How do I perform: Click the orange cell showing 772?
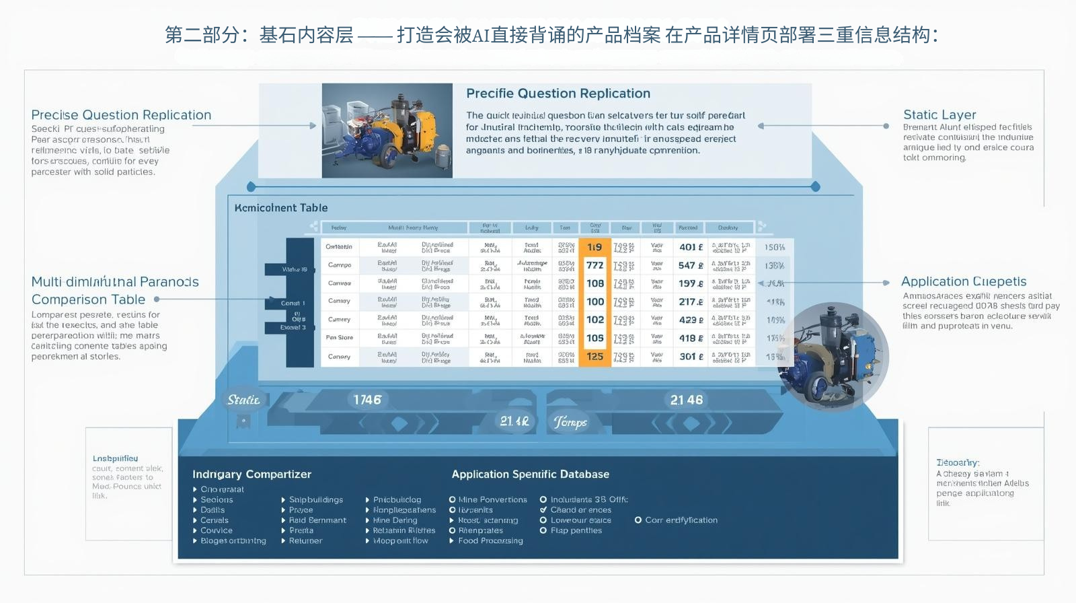pyautogui.click(x=594, y=265)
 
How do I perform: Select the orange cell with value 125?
pyautogui.click(x=594, y=357)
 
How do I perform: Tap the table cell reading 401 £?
pyautogui.click(x=691, y=247)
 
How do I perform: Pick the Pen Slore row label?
pyautogui.click(x=340, y=338)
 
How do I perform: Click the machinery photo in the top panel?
pyautogui.click(x=387, y=131)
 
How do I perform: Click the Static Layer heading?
pyautogui.click(x=939, y=114)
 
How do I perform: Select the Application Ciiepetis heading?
pyautogui.click(x=964, y=281)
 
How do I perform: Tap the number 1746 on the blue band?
pyautogui.click(x=367, y=400)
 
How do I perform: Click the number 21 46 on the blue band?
pyautogui.click(x=687, y=400)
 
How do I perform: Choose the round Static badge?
pyautogui.click(x=243, y=400)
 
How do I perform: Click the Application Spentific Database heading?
pyautogui.click(x=530, y=474)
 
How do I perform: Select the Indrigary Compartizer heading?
pyautogui.click(x=252, y=474)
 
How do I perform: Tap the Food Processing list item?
pyautogui.click(x=490, y=540)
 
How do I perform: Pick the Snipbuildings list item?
pyautogui.click(x=315, y=499)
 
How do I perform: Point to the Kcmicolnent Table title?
pyautogui.click(x=281, y=208)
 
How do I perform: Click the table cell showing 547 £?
pyautogui.click(x=691, y=265)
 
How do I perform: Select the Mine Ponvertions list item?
pyautogui.click(x=492, y=499)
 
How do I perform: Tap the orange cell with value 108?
pyautogui.click(x=594, y=283)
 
